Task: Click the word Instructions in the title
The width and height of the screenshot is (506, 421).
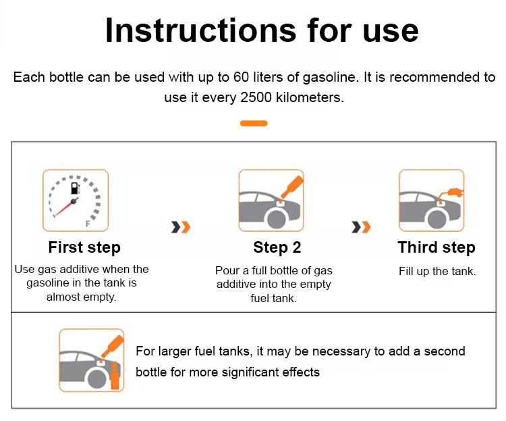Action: pos(200,30)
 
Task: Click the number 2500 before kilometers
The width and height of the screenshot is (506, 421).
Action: pos(256,97)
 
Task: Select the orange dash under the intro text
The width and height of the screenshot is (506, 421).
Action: pos(254,123)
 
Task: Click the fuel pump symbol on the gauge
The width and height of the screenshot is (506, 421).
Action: pos(75,188)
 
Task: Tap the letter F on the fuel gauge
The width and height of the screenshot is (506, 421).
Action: pos(88,224)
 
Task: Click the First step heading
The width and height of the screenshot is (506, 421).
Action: pos(84,248)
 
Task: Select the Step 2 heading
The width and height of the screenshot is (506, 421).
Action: pos(277,247)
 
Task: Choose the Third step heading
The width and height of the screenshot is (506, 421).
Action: pos(437,248)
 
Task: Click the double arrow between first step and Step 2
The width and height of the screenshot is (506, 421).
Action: pos(181,227)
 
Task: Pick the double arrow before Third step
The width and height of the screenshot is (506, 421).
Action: pos(361,227)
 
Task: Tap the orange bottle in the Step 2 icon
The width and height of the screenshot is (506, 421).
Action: pos(292,187)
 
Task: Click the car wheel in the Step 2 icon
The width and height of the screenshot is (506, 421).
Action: pos(277,219)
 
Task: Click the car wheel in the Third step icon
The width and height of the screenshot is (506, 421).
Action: pos(437,219)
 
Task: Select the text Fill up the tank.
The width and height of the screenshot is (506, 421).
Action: pos(437,271)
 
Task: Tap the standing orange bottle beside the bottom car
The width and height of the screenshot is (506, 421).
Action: pos(115,376)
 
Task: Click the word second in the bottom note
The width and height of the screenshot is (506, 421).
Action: pos(445,351)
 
